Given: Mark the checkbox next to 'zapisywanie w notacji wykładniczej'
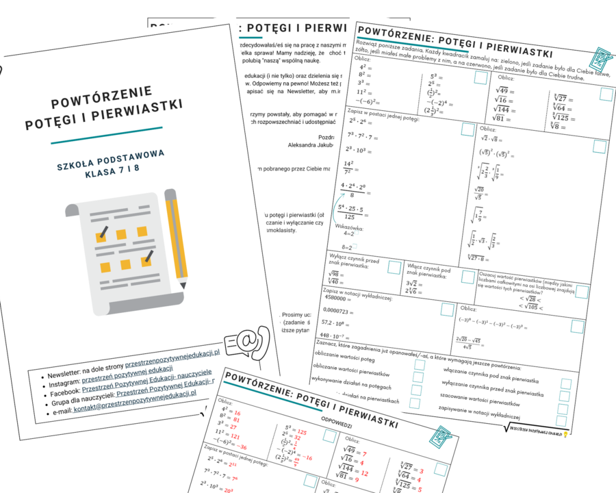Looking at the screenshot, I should pos(563,421).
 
